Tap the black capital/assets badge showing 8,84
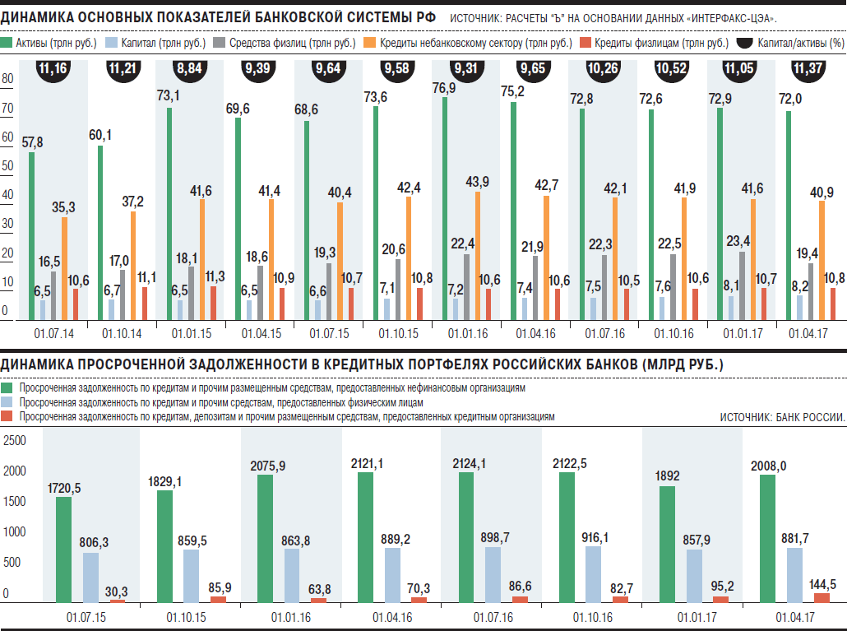point(192,69)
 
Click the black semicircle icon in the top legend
point(745,42)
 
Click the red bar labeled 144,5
point(822,596)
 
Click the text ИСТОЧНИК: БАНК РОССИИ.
point(782,418)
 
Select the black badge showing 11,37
point(808,69)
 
